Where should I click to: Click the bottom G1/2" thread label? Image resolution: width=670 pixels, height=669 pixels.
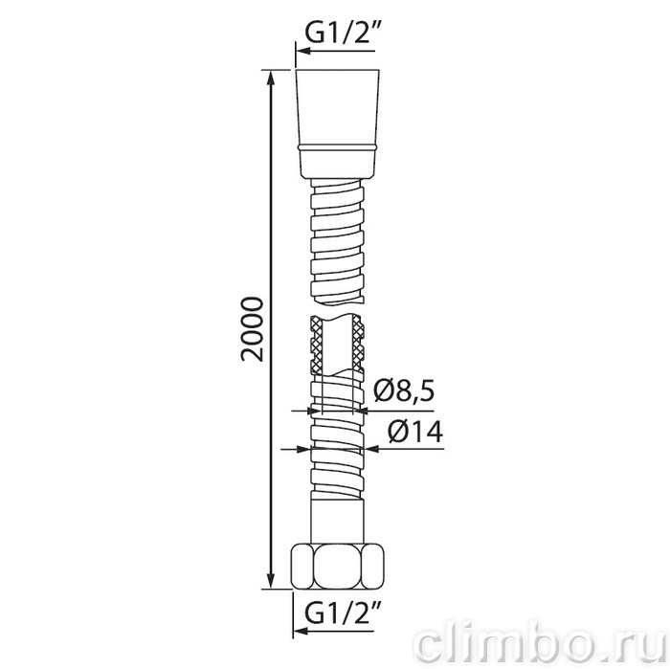pos(340,613)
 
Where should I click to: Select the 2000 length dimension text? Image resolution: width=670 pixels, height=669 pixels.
pos(252,329)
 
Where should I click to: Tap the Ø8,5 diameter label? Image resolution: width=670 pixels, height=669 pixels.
pos(404,390)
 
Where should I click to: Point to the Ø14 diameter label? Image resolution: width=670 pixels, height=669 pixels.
pos(415,432)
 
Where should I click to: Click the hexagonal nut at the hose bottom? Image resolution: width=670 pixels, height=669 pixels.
pos(338,566)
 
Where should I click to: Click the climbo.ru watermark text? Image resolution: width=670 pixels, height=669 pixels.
pos(542,645)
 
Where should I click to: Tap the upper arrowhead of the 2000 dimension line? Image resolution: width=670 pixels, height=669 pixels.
pos(270,79)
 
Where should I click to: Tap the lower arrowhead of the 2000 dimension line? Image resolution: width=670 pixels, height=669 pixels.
pos(270,580)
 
